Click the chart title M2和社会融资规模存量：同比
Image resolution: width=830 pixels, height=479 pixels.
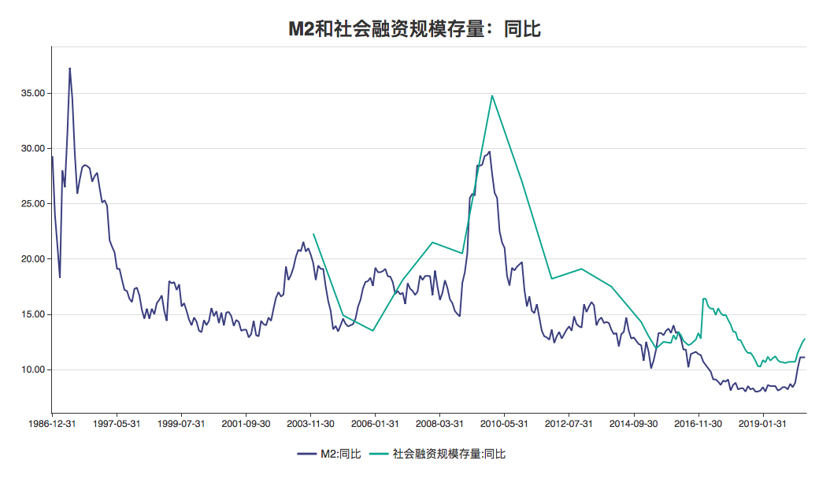(x=414, y=29)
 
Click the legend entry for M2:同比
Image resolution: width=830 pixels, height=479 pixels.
(x=328, y=454)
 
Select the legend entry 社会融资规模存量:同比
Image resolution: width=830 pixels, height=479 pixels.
(x=440, y=454)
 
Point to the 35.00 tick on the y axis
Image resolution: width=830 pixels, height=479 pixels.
(x=32, y=93)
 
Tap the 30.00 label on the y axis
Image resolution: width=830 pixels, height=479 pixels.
(x=32, y=148)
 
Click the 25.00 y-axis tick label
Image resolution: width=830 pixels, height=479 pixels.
(x=32, y=203)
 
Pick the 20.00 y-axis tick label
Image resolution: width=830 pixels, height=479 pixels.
(x=32, y=258)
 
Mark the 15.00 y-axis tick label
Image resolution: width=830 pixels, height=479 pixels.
(x=32, y=314)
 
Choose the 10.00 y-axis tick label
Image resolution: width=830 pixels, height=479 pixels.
(x=32, y=369)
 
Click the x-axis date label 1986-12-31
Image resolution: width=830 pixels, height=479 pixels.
(x=52, y=423)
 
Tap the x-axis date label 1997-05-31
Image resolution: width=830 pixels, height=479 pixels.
(x=117, y=423)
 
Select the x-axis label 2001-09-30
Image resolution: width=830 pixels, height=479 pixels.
(x=246, y=423)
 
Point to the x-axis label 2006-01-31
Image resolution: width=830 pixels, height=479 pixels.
(x=375, y=423)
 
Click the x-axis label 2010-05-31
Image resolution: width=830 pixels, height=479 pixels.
(x=505, y=423)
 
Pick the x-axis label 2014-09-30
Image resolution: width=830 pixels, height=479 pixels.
(x=634, y=423)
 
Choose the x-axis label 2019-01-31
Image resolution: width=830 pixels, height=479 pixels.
(x=763, y=423)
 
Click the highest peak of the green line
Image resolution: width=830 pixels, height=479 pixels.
(x=492, y=96)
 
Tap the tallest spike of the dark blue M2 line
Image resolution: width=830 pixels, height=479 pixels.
(x=69, y=69)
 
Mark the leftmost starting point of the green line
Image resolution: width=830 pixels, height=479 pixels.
(x=313, y=234)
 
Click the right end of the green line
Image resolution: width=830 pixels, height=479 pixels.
(x=806, y=339)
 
